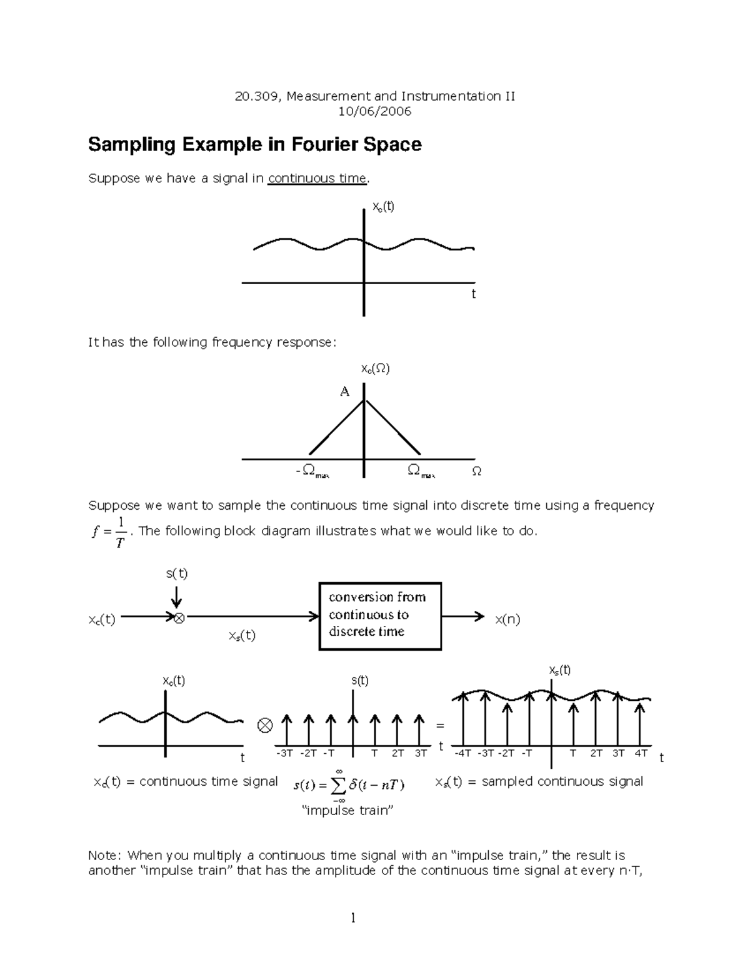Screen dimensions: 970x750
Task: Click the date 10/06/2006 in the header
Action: (374, 112)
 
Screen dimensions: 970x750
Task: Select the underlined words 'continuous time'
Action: (317, 179)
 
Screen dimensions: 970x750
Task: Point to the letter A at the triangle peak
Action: (344, 392)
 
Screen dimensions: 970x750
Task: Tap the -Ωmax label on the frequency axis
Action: (312, 471)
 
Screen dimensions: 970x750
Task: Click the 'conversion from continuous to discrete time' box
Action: (380, 616)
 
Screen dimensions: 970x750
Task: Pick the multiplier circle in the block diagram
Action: (179, 618)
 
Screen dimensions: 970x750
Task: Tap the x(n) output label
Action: (507, 620)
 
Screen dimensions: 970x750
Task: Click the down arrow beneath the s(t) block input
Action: (177, 596)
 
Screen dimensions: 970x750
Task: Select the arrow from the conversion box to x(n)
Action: (462, 616)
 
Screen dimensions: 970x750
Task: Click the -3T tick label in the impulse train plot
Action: (284, 753)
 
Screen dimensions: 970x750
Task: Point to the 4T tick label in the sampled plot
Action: (641, 753)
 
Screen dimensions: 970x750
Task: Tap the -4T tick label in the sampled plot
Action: (463, 753)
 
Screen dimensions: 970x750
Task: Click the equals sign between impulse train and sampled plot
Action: (439, 726)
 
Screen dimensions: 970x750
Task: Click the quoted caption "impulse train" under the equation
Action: (347, 811)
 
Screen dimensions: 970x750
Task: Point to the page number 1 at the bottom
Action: (353, 918)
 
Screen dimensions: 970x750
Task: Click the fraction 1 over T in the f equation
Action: (121, 532)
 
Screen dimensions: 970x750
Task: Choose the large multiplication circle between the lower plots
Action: (265, 726)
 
